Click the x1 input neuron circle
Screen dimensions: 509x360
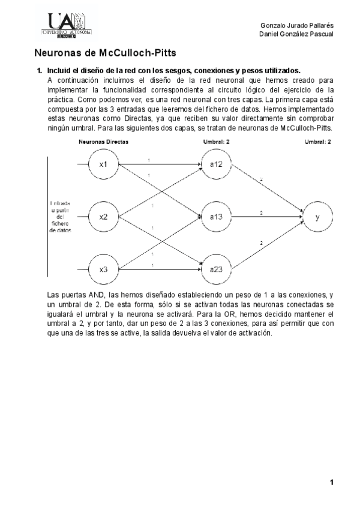103,165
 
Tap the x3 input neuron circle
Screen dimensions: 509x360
103,268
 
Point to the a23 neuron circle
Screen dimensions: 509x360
216,268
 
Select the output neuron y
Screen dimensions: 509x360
317,217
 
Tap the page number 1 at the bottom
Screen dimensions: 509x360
331,482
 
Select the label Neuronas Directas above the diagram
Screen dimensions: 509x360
104,142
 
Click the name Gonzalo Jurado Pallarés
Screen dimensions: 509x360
297,25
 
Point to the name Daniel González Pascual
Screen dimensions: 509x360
296,34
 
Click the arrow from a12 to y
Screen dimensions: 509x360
267,188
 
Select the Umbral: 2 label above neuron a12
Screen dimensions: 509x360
216,142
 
